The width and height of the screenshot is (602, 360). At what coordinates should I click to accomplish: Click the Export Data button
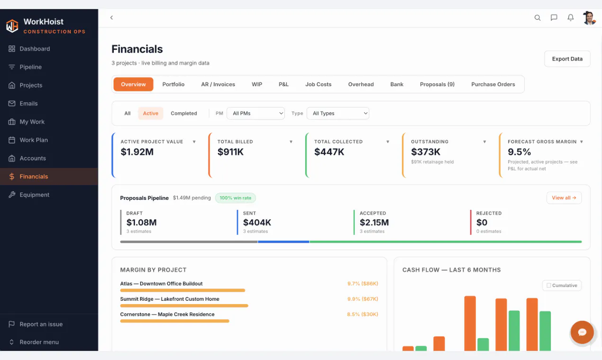567,59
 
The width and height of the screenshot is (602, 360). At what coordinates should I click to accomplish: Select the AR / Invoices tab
218,84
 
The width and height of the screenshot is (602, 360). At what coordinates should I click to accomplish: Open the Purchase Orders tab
493,84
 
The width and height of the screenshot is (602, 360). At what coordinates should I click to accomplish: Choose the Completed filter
184,113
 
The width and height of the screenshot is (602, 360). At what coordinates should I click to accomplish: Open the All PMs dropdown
255,113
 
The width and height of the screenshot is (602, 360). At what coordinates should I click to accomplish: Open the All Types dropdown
338,113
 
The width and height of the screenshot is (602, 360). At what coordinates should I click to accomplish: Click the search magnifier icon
537,18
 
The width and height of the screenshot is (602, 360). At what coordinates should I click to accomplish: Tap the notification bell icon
570,18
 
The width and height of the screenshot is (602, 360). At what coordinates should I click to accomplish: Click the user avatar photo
589,18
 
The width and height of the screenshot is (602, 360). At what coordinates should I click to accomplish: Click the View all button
564,198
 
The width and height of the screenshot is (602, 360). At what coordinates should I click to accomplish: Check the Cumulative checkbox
549,285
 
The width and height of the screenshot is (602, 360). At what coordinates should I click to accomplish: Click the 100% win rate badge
236,198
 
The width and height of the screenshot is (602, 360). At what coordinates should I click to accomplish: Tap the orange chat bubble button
582,333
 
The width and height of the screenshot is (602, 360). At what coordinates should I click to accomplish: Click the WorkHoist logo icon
12,26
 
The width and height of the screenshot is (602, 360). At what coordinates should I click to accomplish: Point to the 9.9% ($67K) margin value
363,299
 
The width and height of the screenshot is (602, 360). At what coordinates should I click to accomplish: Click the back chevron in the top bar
111,18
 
